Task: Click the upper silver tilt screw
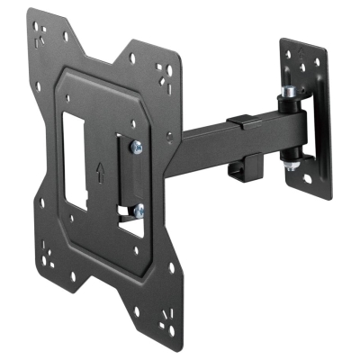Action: point(136,147)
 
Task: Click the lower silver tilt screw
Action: point(138,211)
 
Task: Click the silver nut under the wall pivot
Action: point(291,166)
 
